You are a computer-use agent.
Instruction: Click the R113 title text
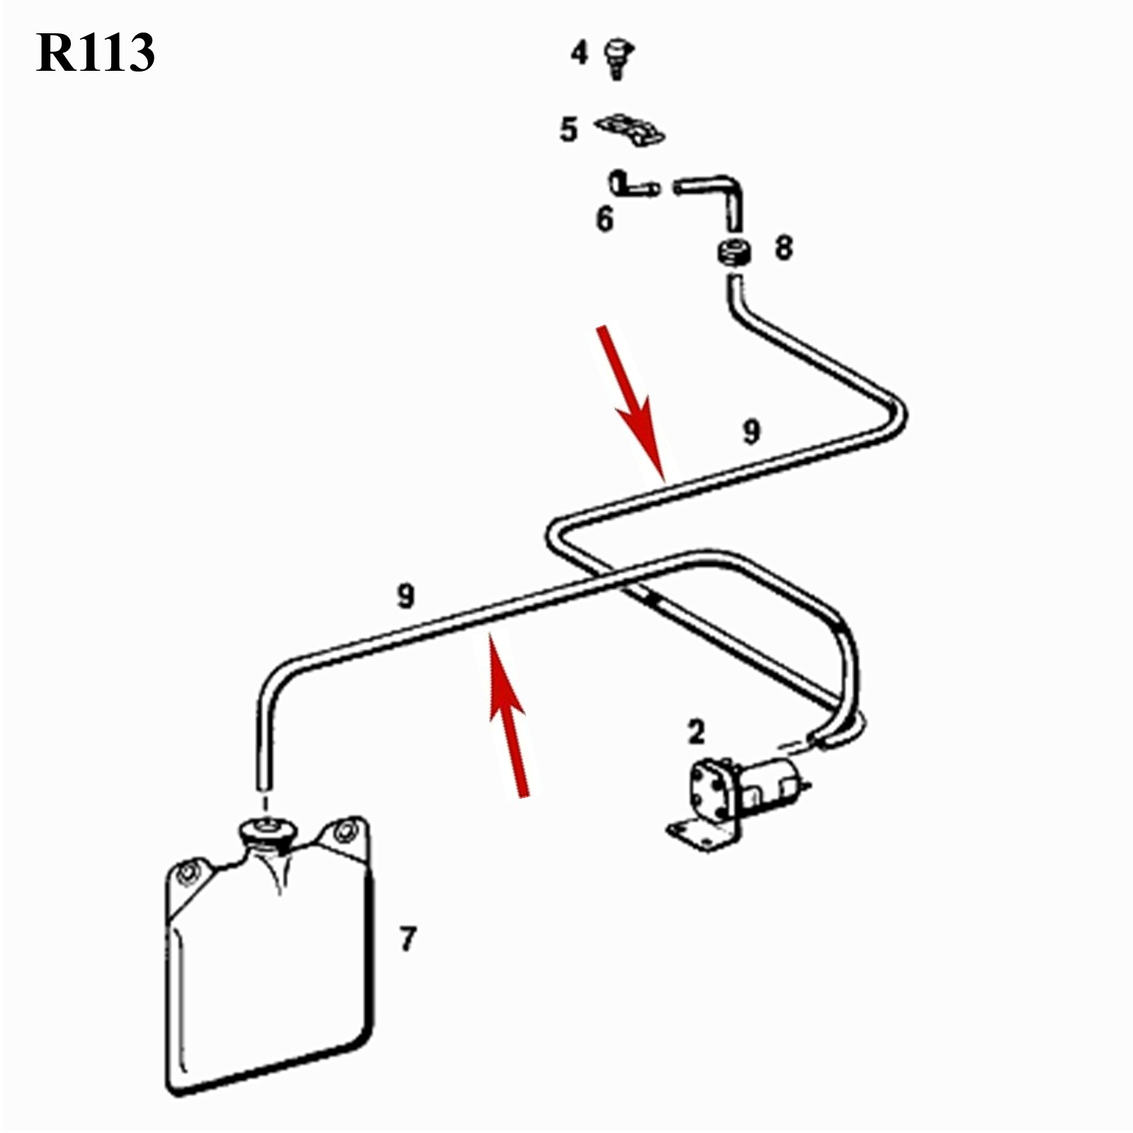click(96, 52)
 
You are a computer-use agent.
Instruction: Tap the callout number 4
click(579, 52)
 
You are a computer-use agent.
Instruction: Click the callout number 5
click(569, 130)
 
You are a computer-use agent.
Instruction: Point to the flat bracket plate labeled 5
click(630, 130)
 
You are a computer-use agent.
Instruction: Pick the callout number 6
click(604, 220)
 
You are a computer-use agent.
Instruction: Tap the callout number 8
click(783, 248)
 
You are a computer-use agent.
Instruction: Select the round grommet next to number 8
click(735, 253)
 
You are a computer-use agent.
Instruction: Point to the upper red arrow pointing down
click(630, 400)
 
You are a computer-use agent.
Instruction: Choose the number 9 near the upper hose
click(751, 431)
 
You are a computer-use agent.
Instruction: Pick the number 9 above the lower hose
click(405, 596)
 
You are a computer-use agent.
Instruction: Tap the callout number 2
click(697, 732)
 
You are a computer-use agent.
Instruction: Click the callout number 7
click(407, 939)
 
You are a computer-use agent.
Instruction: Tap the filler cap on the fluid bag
click(266, 829)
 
